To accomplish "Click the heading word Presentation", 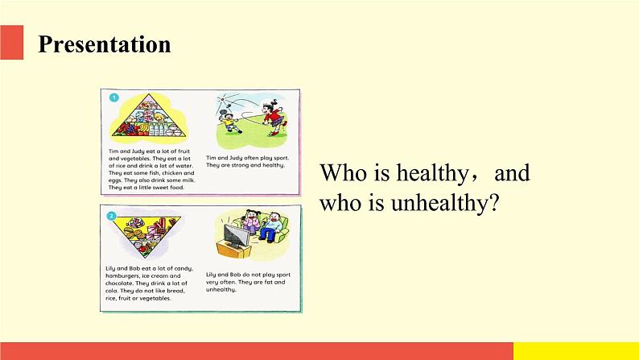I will click(x=105, y=44).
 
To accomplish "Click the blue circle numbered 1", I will click(x=113, y=97).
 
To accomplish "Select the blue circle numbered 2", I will click(x=113, y=216).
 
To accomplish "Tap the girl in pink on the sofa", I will click(x=251, y=225).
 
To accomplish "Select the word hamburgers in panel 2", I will click(x=127, y=275).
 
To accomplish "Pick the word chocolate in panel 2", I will click(x=126, y=283).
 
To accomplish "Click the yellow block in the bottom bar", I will click(x=575, y=350).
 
